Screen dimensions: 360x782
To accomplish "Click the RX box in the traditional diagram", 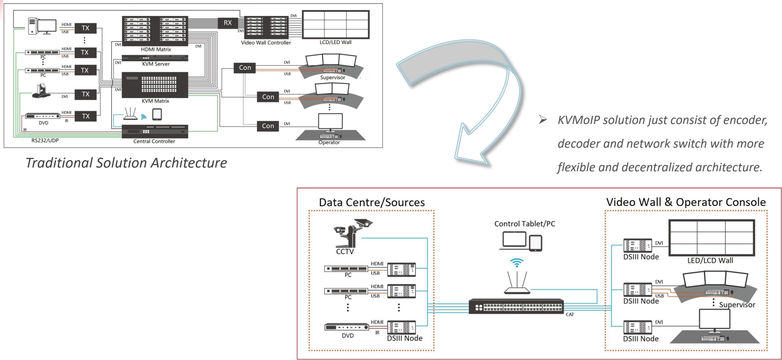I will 227,23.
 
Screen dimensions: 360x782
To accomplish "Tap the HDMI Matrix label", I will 156,50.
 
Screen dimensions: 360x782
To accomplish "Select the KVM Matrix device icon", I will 155,85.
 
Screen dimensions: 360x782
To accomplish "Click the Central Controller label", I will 154,141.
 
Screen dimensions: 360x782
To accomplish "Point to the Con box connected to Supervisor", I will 245,68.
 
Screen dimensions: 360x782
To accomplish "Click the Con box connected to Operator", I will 268,126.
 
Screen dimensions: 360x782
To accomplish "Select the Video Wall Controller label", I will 266,43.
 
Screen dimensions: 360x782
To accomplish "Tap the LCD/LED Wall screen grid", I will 335,24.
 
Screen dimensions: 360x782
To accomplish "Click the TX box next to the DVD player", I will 85,116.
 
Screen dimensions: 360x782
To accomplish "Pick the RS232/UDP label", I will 45,140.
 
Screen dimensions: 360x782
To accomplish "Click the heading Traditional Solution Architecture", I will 126,163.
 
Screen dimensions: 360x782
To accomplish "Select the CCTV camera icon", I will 352,233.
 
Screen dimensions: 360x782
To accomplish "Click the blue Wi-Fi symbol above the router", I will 516,262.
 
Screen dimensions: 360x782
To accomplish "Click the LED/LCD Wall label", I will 710,261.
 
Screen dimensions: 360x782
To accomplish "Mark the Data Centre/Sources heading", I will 372,202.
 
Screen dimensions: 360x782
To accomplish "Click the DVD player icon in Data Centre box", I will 347,327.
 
